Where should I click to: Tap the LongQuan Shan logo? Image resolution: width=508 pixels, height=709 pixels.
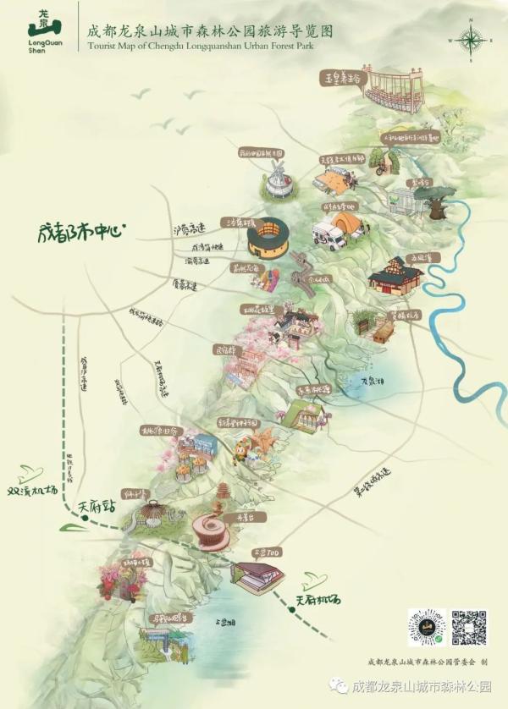click(x=40, y=30)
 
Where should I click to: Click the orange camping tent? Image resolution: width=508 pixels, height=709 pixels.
click(x=346, y=223)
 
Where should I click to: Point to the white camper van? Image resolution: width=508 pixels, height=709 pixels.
click(x=329, y=236)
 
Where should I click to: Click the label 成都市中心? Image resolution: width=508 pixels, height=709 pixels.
click(x=80, y=229)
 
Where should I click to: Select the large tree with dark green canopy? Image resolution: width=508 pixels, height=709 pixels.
click(x=438, y=203)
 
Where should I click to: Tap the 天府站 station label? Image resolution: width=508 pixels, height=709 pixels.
click(x=96, y=507)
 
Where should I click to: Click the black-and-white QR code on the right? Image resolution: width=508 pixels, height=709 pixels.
click(x=468, y=627)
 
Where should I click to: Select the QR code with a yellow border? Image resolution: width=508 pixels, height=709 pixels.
click(x=426, y=627)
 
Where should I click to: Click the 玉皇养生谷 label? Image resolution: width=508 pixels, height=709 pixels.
click(x=341, y=79)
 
